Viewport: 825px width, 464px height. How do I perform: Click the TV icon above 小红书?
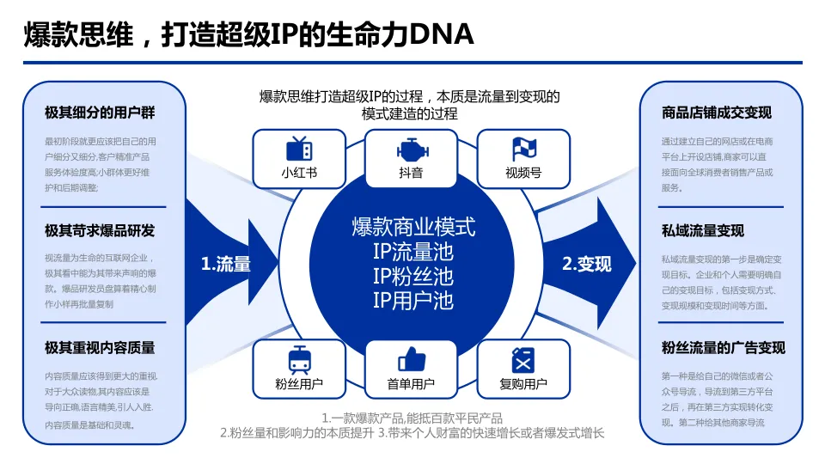(299, 148)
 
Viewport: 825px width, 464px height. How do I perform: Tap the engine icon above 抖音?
(412, 149)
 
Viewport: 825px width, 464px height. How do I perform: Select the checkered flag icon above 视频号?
(523, 149)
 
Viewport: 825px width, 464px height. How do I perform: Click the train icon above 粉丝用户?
(299, 358)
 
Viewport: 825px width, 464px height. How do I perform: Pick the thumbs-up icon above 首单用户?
(412, 358)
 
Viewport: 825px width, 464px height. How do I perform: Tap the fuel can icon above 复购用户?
(523, 359)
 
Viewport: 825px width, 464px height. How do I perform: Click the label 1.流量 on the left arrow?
(226, 265)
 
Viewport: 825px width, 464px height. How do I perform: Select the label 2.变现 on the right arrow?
(587, 265)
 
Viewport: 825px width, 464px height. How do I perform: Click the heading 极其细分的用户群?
(100, 113)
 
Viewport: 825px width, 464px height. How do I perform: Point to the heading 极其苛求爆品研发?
(100, 230)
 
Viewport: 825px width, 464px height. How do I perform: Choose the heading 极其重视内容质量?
(100, 347)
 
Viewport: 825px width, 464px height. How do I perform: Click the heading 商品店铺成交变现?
(717, 113)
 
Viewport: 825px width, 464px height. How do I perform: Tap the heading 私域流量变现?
(703, 230)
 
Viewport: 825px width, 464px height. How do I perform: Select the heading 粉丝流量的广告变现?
(724, 347)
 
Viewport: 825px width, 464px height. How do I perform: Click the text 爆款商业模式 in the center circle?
(412, 227)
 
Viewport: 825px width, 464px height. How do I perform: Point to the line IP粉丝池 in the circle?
(412, 276)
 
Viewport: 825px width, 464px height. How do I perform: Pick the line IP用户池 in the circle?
(412, 300)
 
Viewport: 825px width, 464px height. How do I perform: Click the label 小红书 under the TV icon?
(299, 173)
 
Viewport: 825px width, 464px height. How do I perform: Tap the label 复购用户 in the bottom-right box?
(523, 383)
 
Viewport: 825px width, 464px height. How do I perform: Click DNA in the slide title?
(440, 34)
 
